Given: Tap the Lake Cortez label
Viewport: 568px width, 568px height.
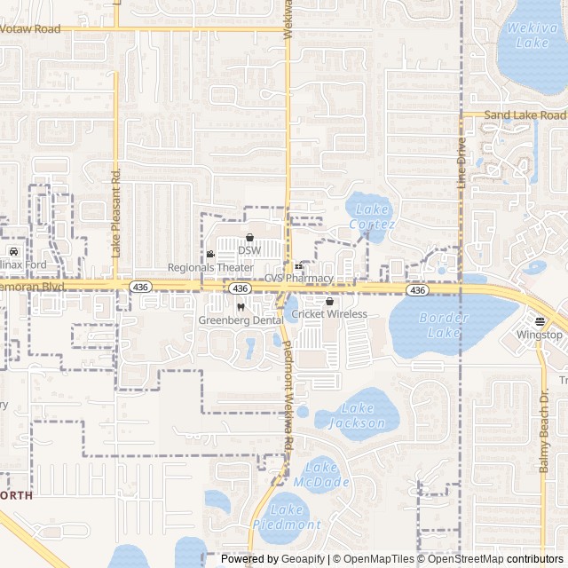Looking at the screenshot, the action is [372, 217].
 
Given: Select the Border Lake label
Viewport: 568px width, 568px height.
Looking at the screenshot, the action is [443, 325].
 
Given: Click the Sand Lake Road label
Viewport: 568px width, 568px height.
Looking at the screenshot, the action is [525, 115].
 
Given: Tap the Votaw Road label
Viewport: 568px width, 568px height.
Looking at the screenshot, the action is [30, 29].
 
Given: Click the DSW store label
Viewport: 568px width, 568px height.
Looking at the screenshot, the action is [249, 250].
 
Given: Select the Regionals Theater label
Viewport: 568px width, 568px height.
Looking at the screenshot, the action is [210, 267].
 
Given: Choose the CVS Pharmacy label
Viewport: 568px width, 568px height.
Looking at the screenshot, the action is [298, 279].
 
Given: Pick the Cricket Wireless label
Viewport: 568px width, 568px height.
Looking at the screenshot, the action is [329, 314].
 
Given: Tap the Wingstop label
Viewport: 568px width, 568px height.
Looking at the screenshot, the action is [540, 335].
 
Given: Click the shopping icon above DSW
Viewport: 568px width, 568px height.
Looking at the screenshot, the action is [249, 238].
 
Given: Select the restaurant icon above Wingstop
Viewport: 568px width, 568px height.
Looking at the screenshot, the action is [540, 321].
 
